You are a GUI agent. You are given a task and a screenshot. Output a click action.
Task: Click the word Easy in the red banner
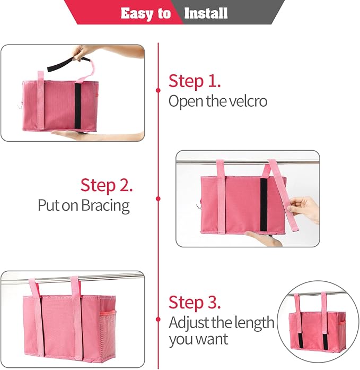137,13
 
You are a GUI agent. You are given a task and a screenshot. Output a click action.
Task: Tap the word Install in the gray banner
206,13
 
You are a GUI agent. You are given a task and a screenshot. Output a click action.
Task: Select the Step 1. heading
195,81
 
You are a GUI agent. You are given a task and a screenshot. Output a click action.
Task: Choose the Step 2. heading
107,185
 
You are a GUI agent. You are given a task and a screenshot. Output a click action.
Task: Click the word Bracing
105,205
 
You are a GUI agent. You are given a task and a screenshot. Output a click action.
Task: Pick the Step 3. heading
195,302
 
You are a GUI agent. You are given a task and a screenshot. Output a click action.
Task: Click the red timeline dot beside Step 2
158,199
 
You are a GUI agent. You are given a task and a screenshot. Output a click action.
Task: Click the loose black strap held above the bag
62,65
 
